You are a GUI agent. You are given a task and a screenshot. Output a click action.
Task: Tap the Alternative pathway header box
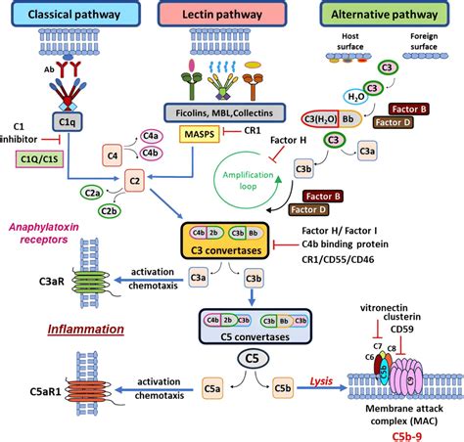385,15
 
